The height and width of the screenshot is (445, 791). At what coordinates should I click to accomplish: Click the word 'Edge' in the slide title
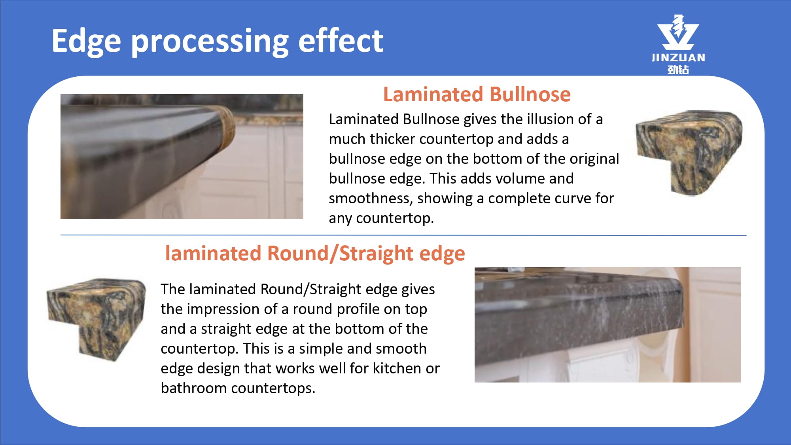[x=86, y=42]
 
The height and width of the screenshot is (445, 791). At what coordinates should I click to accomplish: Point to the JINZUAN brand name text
[x=678, y=58]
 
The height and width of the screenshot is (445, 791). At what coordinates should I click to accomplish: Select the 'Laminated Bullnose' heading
[x=477, y=95]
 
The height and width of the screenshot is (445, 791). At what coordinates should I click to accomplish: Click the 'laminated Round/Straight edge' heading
[x=315, y=254]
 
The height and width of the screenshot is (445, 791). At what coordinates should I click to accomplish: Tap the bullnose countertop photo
[x=182, y=157]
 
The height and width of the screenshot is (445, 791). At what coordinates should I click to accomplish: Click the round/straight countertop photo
[x=608, y=325]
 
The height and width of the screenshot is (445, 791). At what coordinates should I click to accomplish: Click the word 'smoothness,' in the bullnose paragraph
[x=371, y=198]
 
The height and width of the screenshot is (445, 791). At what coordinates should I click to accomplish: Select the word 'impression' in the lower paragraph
[x=232, y=309]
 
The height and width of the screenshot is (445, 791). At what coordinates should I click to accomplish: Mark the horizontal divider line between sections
[x=403, y=235]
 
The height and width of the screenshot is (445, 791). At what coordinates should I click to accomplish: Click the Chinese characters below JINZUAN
[x=678, y=70]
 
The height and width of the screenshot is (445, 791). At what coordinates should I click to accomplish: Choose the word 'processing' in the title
[x=210, y=42]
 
